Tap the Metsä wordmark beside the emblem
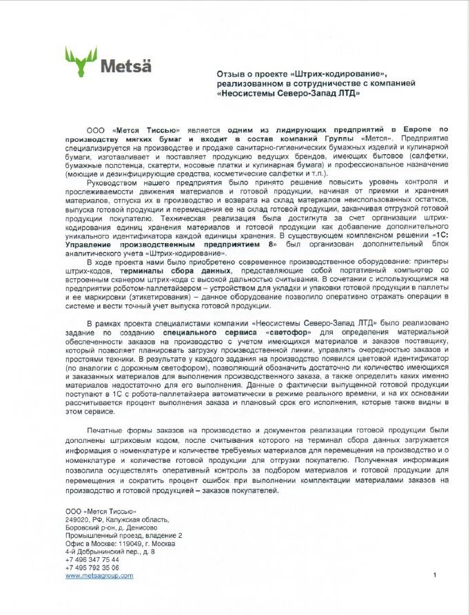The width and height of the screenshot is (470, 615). click(x=125, y=67)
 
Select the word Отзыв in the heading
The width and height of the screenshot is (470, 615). click(x=230, y=74)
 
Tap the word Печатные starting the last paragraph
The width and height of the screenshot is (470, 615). click(x=106, y=430)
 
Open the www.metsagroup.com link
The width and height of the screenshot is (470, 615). click(x=99, y=576)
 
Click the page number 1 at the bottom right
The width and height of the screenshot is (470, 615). click(x=436, y=574)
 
